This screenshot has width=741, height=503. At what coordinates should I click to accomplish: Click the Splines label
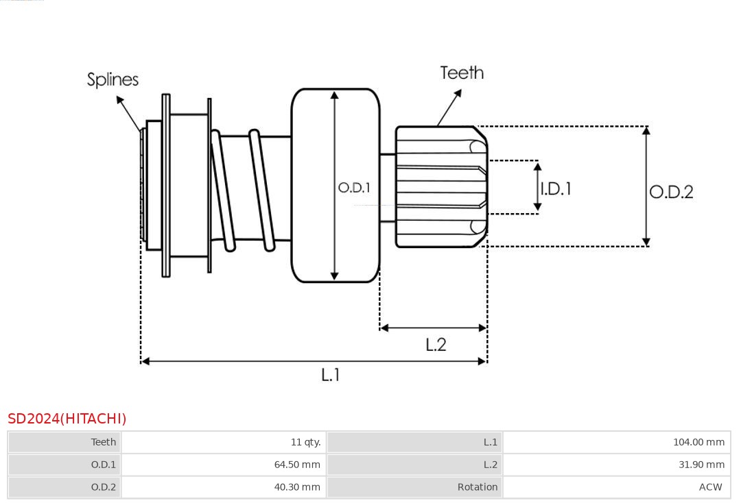pyautogui.click(x=113, y=79)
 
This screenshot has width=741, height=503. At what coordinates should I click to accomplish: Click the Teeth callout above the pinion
pyautogui.click(x=462, y=73)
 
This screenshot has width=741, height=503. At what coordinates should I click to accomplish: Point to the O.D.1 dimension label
pyautogui.click(x=354, y=187)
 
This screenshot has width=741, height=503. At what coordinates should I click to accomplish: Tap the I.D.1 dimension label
pyautogui.click(x=556, y=188)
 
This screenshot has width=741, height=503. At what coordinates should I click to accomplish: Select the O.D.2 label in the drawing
pyautogui.click(x=671, y=192)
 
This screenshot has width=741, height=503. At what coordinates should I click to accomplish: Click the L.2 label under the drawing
pyautogui.click(x=436, y=344)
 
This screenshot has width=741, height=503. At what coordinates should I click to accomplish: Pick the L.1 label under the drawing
pyautogui.click(x=331, y=374)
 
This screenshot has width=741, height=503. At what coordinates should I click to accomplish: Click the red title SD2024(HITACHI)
pyautogui.click(x=67, y=419)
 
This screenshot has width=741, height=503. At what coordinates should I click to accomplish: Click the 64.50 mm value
pyautogui.click(x=297, y=465)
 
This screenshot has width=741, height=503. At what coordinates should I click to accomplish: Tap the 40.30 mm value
pyautogui.click(x=297, y=487)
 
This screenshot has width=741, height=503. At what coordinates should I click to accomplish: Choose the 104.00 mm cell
pyautogui.click(x=698, y=442)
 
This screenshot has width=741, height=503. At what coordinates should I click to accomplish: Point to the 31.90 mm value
pyautogui.click(x=701, y=465)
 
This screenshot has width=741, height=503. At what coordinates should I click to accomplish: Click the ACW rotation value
pyautogui.click(x=710, y=487)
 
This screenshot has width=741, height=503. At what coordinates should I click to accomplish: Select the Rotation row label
pyautogui.click(x=478, y=487)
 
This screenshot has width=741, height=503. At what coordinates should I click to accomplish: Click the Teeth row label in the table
pyautogui.click(x=104, y=442)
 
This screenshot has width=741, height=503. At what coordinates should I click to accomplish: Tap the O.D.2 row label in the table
pyautogui.click(x=104, y=487)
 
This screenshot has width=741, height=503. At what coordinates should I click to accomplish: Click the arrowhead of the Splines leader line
pyautogui.click(x=119, y=99)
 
